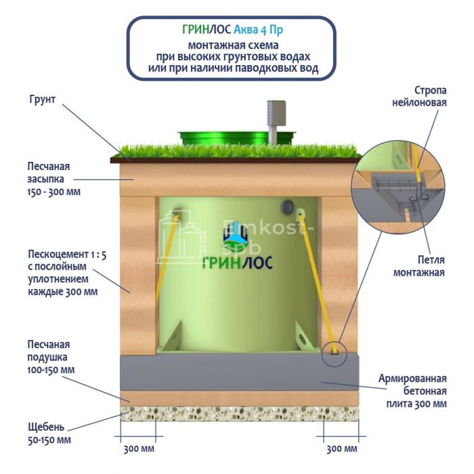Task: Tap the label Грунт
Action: (x=42, y=100)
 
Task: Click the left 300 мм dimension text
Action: (x=138, y=449)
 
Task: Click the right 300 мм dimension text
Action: (x=341, y=449)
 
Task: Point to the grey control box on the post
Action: (x=276, y=112)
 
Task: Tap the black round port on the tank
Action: (x=289, y=206)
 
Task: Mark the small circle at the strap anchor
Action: (x=335, y=352)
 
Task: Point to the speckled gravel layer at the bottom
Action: (x=237, y=415)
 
